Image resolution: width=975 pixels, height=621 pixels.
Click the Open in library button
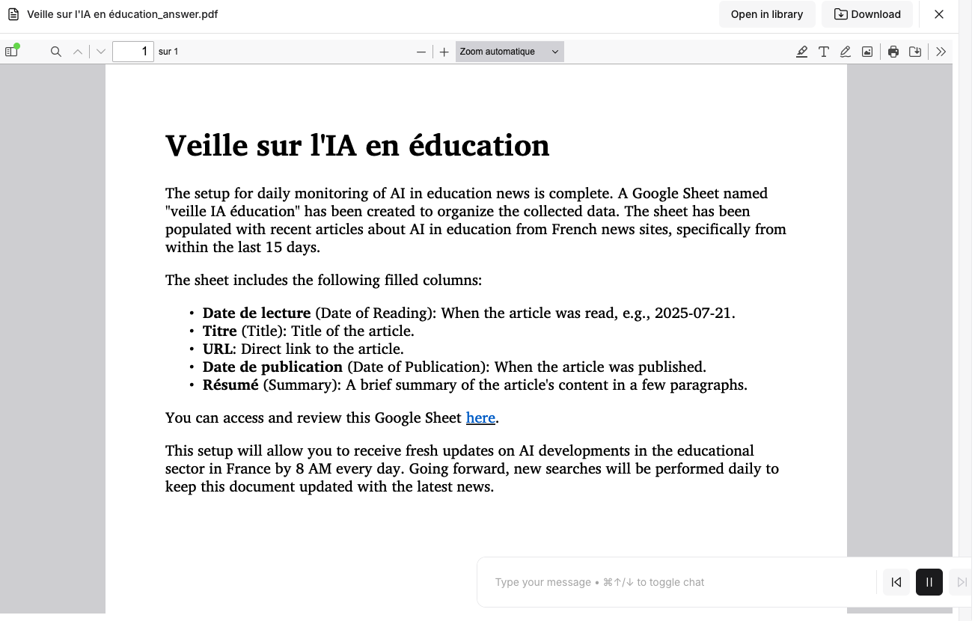766,14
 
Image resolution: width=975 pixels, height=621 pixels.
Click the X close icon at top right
939,14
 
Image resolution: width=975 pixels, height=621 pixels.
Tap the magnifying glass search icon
55,52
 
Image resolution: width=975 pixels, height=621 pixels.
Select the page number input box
132,52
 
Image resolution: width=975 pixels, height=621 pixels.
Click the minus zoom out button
421,52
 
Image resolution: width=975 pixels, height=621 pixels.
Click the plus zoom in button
444,52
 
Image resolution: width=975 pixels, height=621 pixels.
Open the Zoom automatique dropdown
509,52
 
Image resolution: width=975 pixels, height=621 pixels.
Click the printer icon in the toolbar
893,52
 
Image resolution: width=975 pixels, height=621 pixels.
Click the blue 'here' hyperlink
480,417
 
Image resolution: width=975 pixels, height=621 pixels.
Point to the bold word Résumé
230,385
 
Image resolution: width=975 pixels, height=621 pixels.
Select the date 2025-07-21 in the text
694,313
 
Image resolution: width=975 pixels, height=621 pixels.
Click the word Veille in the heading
207,145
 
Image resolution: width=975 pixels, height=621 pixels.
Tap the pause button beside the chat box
929,582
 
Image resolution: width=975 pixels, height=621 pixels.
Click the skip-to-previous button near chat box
896,582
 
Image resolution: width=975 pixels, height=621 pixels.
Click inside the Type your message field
673,582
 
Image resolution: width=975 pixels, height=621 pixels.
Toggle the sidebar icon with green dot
11,52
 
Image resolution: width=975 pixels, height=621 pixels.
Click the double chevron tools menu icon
941,52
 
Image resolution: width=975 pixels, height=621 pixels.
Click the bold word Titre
219,331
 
